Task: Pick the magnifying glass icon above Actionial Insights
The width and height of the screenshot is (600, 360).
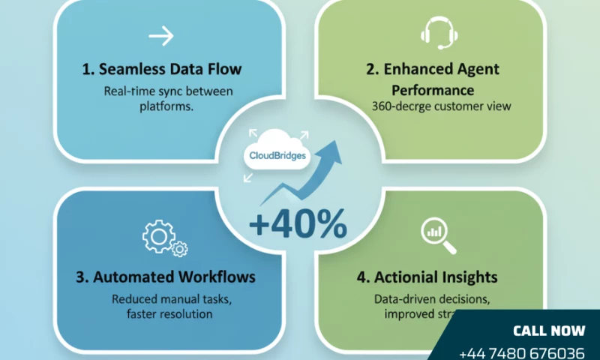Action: pyautogui.click(x=434, y=232)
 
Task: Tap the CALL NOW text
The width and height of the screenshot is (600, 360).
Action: pyautogui.click(x=548, y=331)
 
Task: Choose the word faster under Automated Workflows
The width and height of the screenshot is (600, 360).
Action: pyautogui.click(x=141, y=313)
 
